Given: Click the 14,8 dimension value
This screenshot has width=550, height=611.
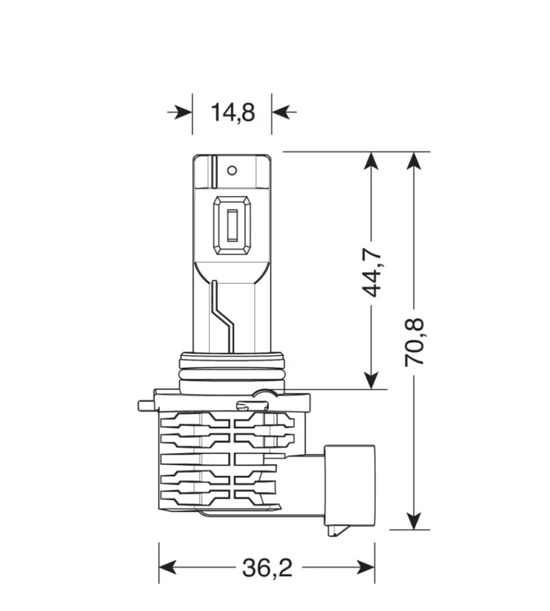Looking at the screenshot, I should [232, 112].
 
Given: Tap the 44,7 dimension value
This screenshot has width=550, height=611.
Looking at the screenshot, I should [372, 272].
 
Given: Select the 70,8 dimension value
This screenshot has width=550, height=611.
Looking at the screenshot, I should [415, 342].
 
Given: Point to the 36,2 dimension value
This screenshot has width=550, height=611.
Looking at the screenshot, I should [267, 568].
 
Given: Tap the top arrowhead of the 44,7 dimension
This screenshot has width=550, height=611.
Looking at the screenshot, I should [371, 161].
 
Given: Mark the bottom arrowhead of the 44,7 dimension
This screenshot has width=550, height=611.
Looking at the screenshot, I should [371, 379].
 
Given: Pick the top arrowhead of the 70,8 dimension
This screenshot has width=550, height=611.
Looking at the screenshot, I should [415, 161].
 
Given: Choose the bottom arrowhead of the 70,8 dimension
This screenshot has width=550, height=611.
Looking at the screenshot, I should [415, 521].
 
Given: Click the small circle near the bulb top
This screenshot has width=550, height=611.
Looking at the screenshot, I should [232, 170].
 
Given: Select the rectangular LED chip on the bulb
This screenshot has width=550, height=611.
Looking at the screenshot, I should [232, 227].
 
